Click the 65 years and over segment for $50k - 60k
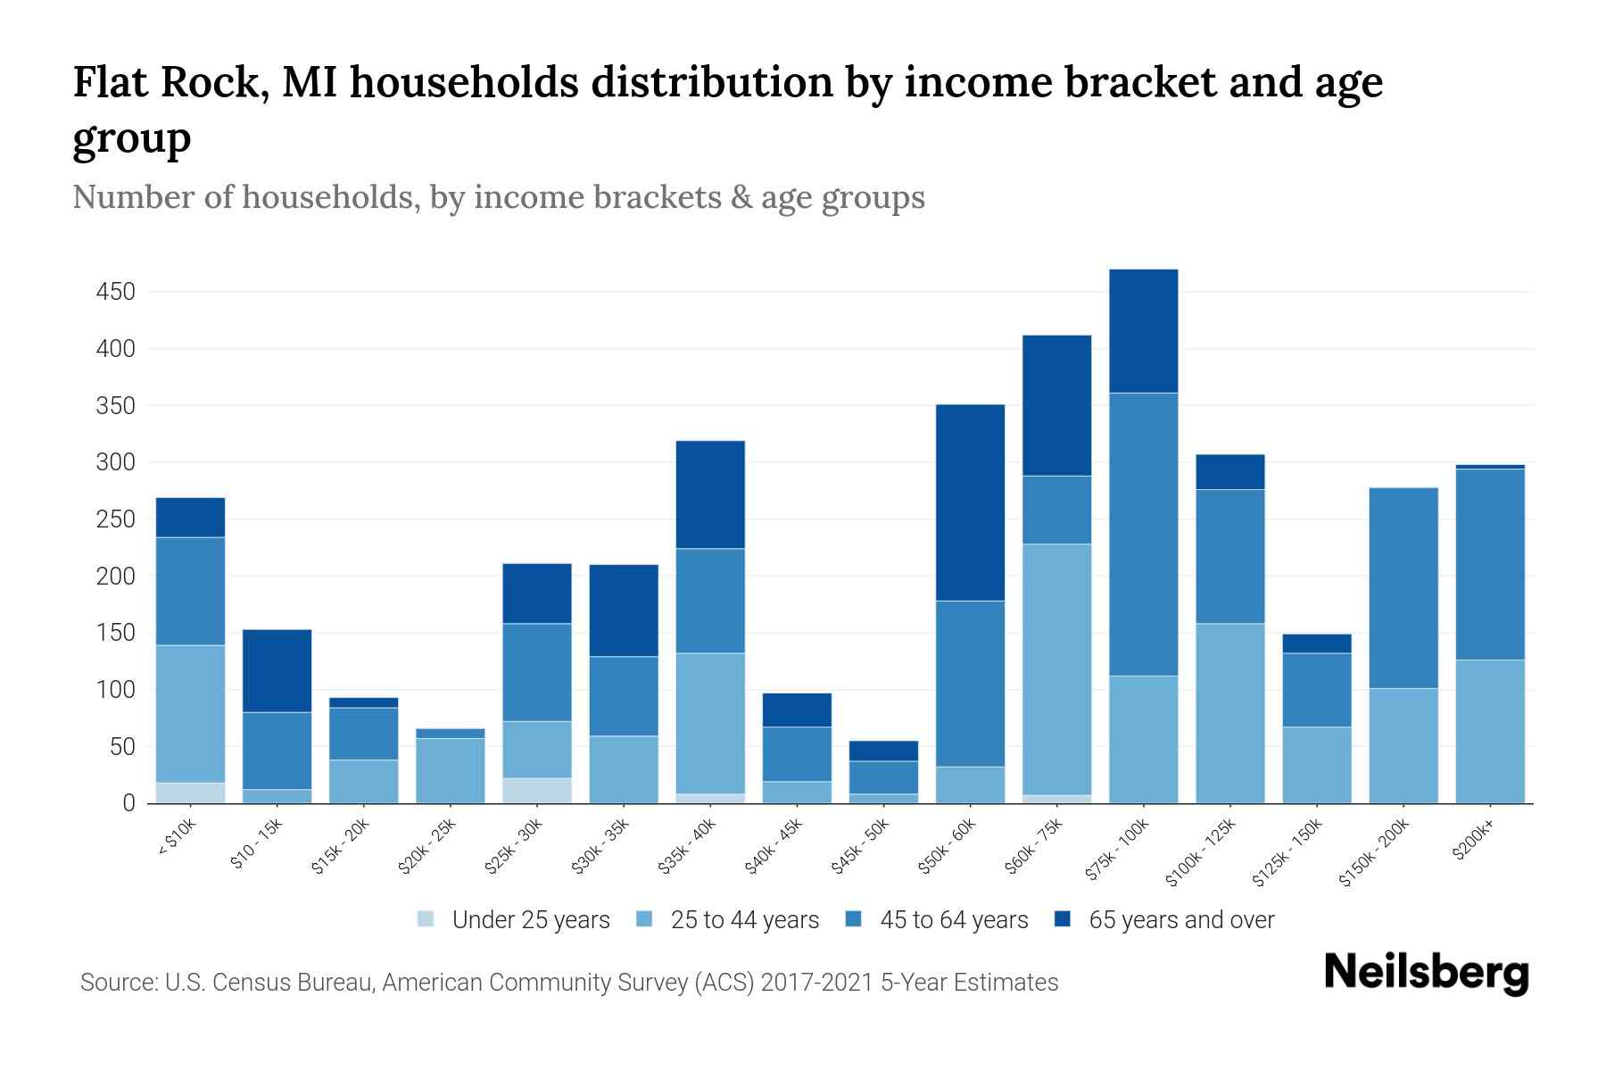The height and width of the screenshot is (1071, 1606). coord(970,502)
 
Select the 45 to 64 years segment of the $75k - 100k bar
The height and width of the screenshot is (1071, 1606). coord(1143,534)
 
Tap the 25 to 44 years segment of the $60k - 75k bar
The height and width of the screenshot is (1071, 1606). coord(1056,669)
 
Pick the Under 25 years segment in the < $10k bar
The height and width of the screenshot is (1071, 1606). coord(190,793)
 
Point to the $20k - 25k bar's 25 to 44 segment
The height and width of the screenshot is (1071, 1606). coord(450,770)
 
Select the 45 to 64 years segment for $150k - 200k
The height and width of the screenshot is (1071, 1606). coord(1403,587)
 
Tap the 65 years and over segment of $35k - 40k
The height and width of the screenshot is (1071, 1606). coord(710,494)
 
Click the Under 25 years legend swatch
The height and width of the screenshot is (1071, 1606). coord(426,919)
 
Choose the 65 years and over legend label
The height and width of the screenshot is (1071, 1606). coord(1180,920)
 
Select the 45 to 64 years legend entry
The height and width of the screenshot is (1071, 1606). coord(953,920)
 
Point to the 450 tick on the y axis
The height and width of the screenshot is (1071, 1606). coord(115,292)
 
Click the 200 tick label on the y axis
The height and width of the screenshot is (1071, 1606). coord(115,577)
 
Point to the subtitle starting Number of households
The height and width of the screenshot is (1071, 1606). coord(498,197)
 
